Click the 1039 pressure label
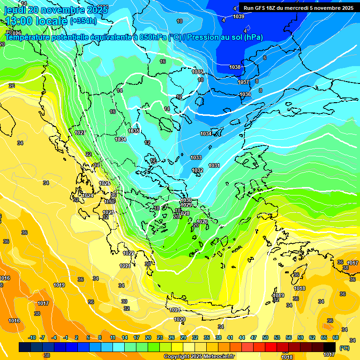pos(239,17)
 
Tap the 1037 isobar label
pos(243,82)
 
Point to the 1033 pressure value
pos(196,157)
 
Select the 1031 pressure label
pos(214,165)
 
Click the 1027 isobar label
pos(80,133)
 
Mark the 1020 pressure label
pos(180,319)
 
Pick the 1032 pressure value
pos(197,170)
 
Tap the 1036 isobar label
pos(245,94)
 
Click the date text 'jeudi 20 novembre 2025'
pos(56,9)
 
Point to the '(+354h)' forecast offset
pos(83,21)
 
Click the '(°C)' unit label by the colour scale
pos(345,348)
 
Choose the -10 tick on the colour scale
pos(32,338)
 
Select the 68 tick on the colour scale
pos(336,338)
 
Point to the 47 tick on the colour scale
pos(254,338)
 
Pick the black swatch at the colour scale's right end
pos(330,347)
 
